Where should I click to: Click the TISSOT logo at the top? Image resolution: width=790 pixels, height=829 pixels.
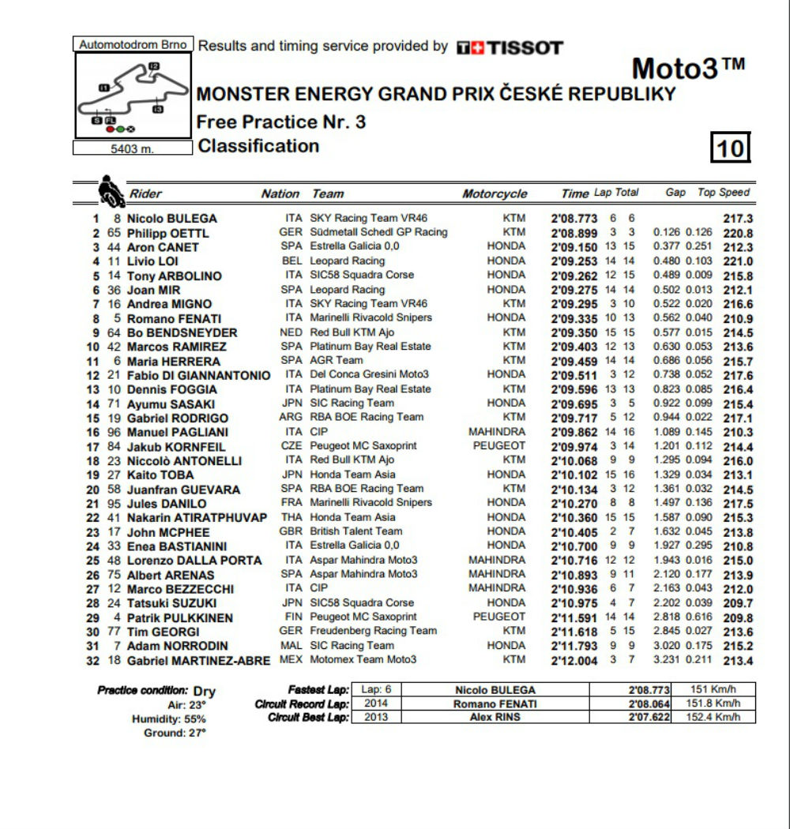(x=510, y=47)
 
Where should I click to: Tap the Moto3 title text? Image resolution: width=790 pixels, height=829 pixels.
(x=688, y=69)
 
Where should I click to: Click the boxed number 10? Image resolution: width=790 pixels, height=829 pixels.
(x=732, y=148)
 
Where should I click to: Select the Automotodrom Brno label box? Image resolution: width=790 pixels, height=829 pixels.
(x=133, y=45)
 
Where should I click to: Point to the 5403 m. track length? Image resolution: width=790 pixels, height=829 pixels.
(x=133, y=148)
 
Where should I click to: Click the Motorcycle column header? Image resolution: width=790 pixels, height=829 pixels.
(x=495, y=193)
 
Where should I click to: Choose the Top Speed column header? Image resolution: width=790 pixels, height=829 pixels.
(x=724, y=193)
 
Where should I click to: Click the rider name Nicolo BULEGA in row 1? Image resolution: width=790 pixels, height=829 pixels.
(x=171, y=219)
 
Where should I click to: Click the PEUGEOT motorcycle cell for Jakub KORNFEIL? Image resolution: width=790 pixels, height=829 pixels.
(x=498, y=446)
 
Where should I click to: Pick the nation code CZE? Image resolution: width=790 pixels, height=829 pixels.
(x=291, y=446)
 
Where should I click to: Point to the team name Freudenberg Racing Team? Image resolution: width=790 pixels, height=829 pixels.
(x=373, y=631)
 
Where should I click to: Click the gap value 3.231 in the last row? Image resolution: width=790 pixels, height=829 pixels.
(x=668, y=659)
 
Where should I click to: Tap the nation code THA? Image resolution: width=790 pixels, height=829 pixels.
(x=291, y=517)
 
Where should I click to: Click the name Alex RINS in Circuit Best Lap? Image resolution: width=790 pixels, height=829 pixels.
(x=495, y=717)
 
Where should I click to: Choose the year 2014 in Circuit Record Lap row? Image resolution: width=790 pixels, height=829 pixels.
(x=371, y=703)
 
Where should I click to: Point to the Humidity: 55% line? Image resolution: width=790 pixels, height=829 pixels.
(x=169, y=719)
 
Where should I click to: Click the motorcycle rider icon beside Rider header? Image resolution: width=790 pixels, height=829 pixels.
(x=109, y=190)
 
